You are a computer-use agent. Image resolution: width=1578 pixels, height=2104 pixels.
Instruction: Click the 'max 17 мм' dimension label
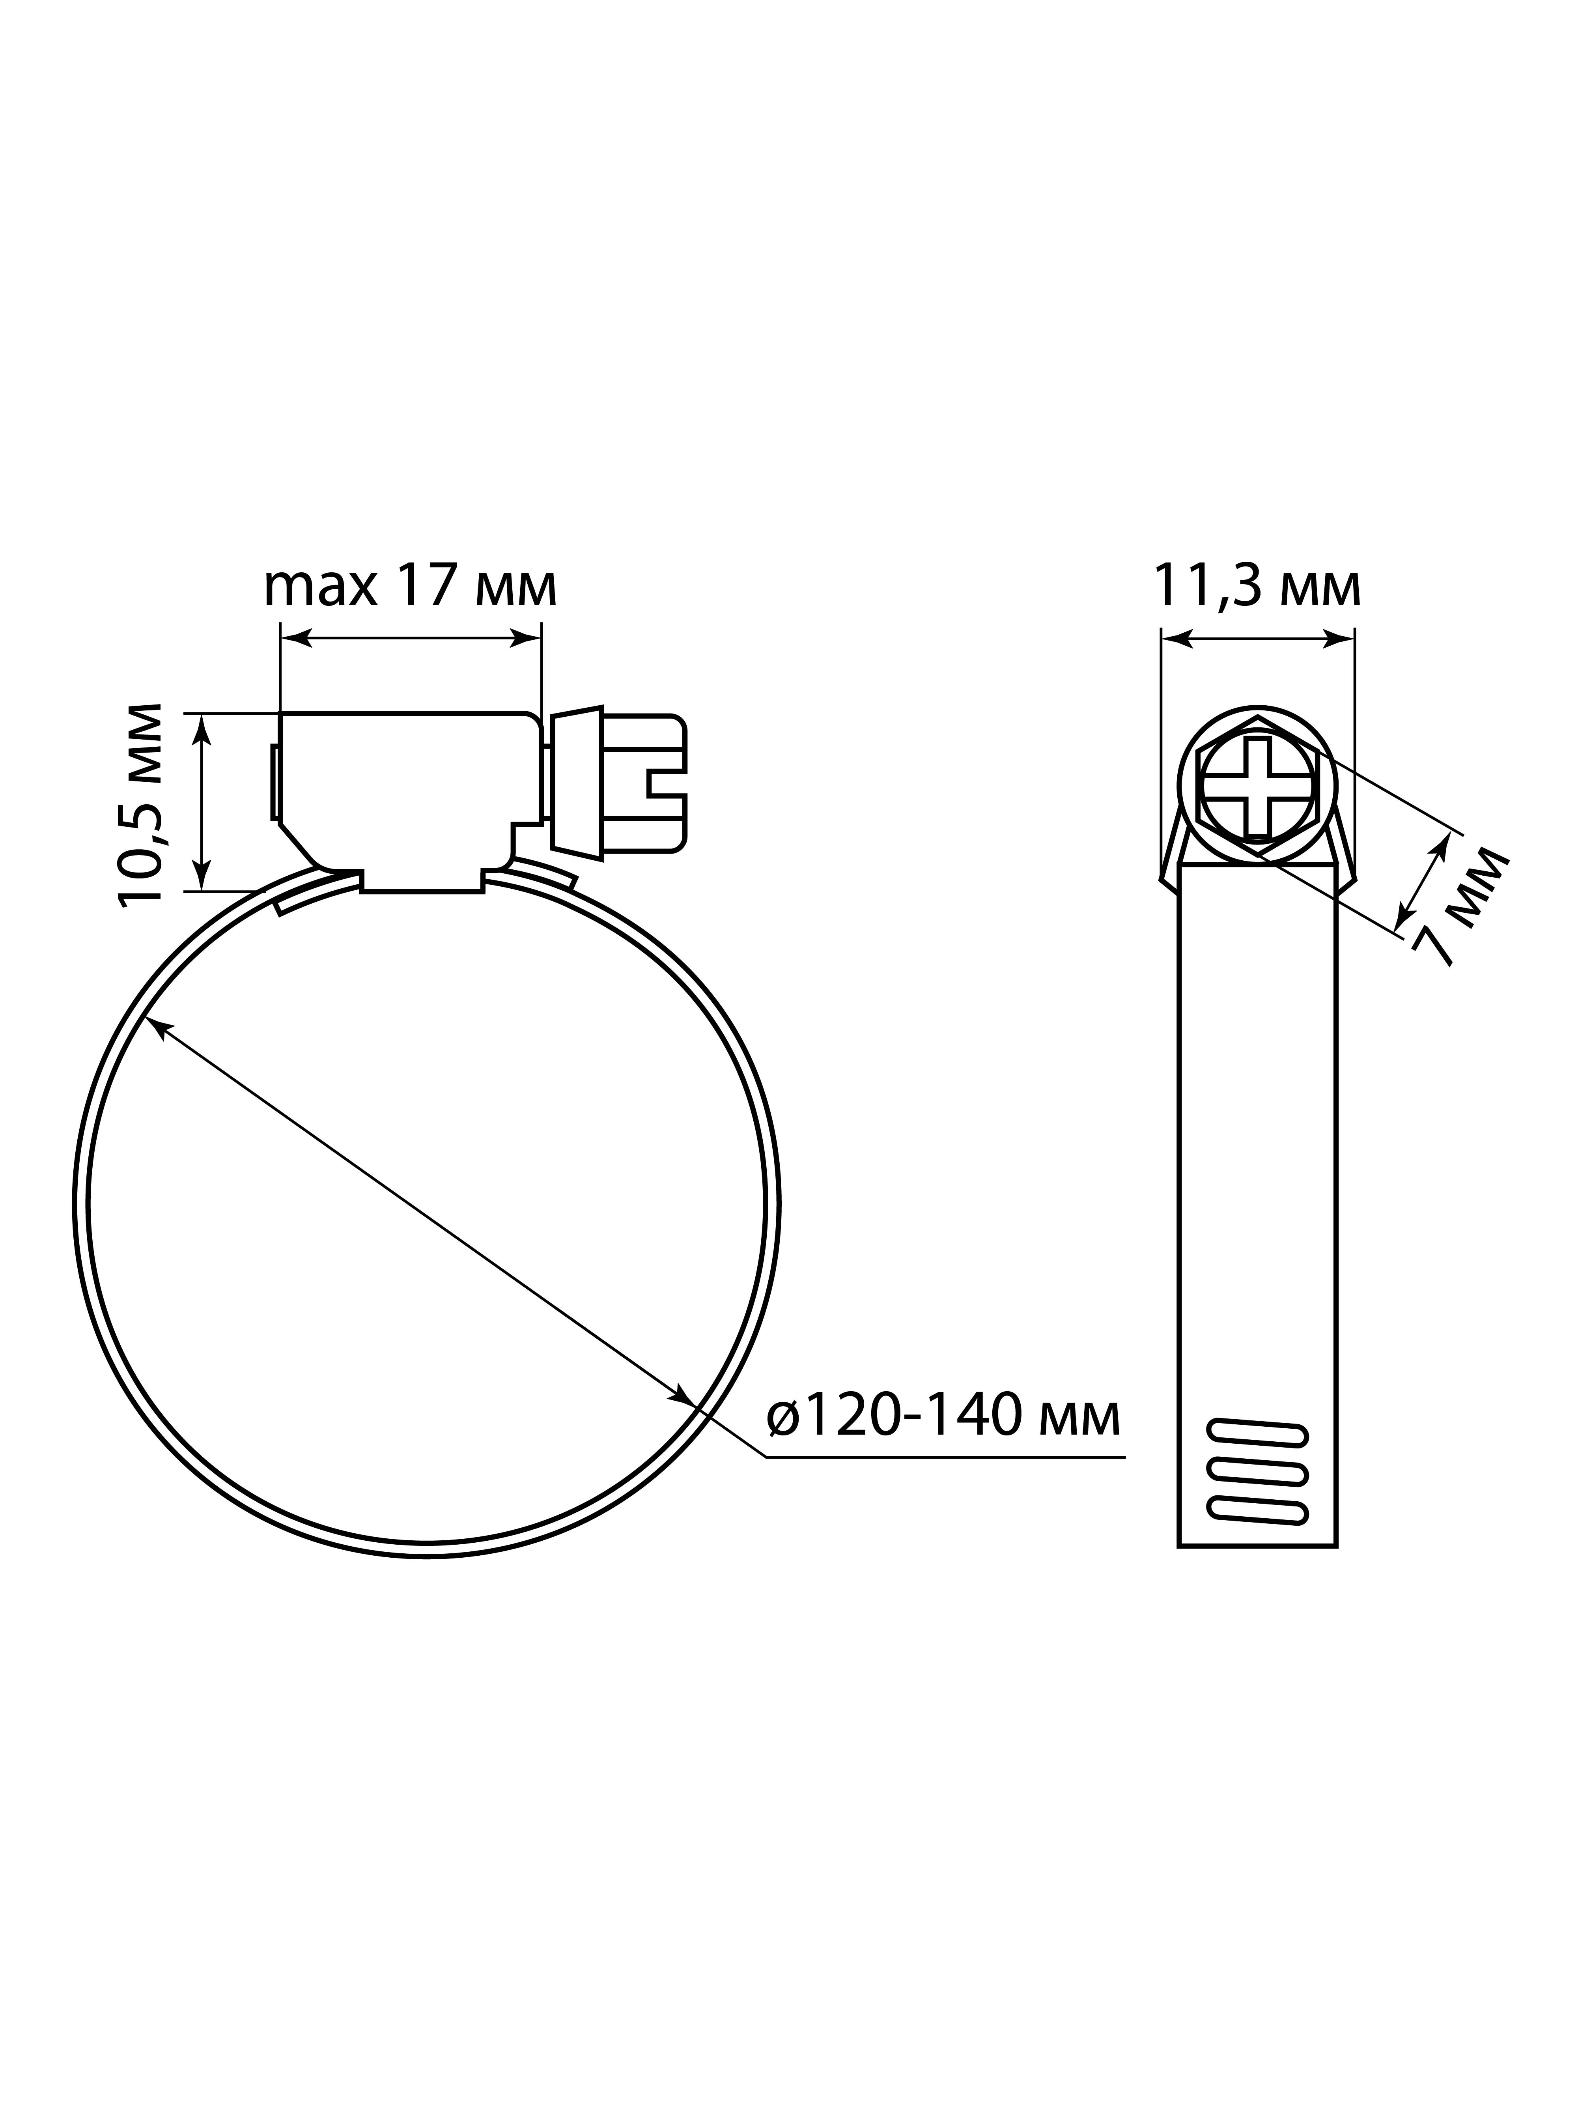(x=410, y=587)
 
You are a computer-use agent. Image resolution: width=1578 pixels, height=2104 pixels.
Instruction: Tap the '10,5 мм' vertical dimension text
(x=140, y=805)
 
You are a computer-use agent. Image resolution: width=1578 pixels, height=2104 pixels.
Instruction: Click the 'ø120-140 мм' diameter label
(x=943, y=1417)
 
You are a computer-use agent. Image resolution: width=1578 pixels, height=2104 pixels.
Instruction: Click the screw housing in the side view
(x=409, y=802)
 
